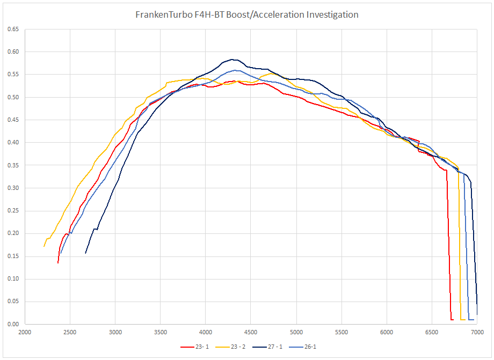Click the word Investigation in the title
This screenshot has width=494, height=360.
click(x=332, y=15)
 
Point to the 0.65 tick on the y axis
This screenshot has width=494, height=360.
click(x=13, y=30)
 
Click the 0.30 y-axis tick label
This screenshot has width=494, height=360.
click(x=13, y=188)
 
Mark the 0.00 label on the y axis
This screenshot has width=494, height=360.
click(x=13, y=324)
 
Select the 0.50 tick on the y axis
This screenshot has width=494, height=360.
click(x=13, y=98)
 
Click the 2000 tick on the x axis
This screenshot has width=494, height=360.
click(x=25, y=333)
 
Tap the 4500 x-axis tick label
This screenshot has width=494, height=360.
click(x=251, y=333)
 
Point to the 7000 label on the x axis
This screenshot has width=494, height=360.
click(x=477, y=333)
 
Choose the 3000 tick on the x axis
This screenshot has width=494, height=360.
click(x=115, y=333)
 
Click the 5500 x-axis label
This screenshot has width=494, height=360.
click(x=342, y=333)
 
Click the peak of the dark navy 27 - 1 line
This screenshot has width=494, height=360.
click(x=231, y=60)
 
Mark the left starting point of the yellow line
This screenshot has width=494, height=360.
click(x=44, y=246)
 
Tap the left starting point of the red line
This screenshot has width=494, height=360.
click(x=58, y=262)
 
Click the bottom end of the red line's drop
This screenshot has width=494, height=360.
click(x=452, y=320)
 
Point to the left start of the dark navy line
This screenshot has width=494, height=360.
click(x=86, y=253)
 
